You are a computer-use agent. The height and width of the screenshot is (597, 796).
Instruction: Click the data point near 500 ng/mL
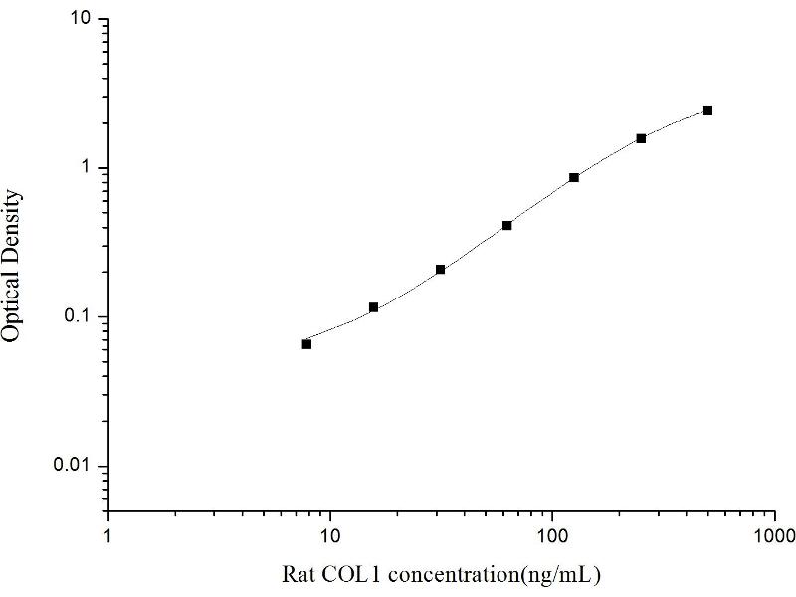point(707,110)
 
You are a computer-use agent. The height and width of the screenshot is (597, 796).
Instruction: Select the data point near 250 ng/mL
point(641,138)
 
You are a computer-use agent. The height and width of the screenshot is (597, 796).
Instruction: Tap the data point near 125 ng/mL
point(574,178)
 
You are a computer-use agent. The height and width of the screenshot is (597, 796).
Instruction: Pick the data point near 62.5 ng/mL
point(507,226)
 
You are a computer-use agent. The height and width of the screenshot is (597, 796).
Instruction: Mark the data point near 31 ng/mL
point(440,270)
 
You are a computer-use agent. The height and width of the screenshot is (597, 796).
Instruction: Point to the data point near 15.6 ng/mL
point(373,307)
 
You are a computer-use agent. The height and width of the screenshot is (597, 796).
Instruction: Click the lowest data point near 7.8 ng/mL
point(306,344)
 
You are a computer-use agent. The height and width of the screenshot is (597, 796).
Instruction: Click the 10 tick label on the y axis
point(82,20)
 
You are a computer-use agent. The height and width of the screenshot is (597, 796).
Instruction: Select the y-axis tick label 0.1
point(78,317)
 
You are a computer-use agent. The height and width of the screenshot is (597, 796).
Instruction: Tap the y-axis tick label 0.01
point(74,467)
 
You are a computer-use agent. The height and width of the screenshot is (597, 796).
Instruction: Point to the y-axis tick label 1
point(88,168)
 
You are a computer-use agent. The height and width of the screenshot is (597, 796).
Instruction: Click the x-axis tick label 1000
point(774,535)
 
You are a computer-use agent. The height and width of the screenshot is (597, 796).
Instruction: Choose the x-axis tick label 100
point(552,535)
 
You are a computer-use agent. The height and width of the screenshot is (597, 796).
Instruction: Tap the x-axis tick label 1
point(108,535)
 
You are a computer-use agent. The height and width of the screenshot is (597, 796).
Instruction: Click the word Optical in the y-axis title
point(12,302)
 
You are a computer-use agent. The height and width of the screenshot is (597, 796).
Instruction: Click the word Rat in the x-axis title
point(298,574)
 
